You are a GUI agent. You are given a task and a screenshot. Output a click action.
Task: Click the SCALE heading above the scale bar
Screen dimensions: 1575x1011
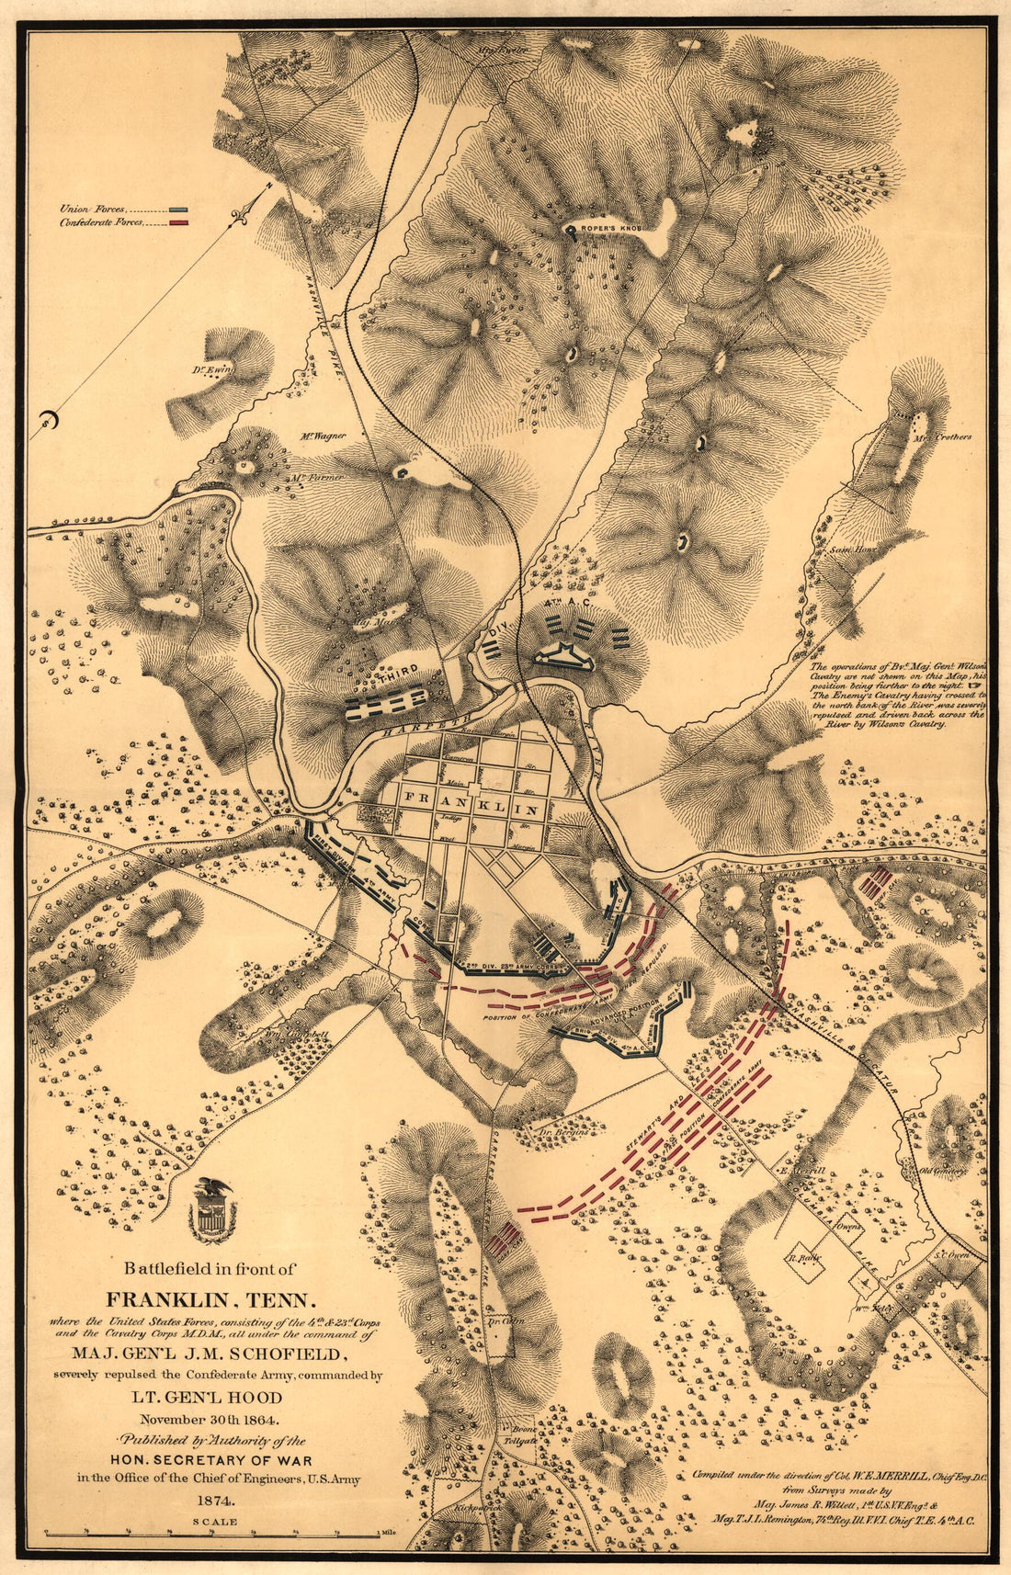click(x=214, y=1522)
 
